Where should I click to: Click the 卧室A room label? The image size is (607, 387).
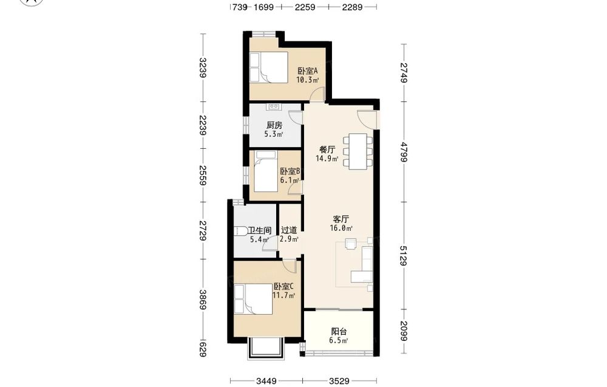pos(308,71)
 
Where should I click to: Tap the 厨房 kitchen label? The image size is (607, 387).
pos(274,125)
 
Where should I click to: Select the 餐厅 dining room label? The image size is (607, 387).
pos(327,149)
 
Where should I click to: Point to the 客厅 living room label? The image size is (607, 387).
pos(341,219)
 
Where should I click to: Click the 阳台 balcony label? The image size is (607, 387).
pos(339,332)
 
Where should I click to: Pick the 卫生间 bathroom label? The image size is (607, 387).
pos(259,230)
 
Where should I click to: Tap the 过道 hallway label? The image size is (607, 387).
pos(289,230)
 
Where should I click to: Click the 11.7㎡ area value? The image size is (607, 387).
pos(283,296)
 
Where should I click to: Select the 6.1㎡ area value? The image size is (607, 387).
pos(290,180)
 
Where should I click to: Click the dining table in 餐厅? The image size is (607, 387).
pos(358,151)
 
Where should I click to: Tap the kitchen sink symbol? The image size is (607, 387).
pos(274,106)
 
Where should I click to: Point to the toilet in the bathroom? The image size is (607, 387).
pos(240,231)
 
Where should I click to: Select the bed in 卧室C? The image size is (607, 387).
pos(254,299)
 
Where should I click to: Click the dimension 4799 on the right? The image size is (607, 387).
pos(404,152)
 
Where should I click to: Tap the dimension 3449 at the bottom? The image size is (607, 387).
pos(266,381)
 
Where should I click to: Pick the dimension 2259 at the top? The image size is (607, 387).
pos(305,7)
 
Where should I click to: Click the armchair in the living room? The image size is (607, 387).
pos(351,243)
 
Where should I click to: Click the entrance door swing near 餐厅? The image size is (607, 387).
pos(366,118)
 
